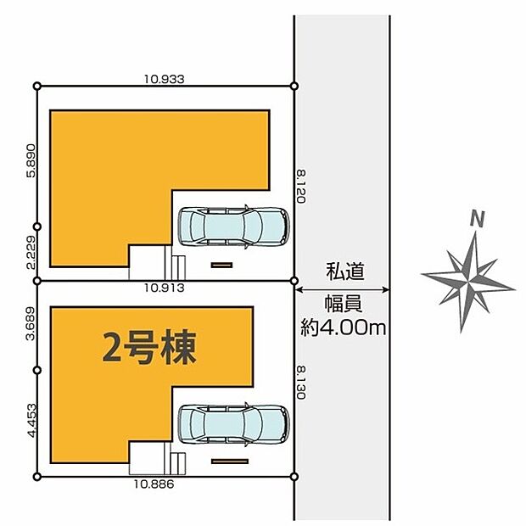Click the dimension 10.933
click(165, 79)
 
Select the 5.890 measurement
click(31, 160)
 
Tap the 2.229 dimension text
click(31, 252)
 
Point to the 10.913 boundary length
click(165, 288)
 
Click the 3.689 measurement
click(31, 323)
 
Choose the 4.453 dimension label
click(31, 421)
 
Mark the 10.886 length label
click(154, 484)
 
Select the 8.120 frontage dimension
click(300, 187)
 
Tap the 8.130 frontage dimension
click(300, 383)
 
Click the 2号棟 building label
click(149, 348)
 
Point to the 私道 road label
click(344, 271)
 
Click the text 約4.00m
click(344, 327)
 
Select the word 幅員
click(344, 305)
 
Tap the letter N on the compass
click(478, 219)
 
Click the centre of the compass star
click(468, 281)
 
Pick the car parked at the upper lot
click(233, 227)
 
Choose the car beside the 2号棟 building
click(233, 424)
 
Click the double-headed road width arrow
click(343, 290)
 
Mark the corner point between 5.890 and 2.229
click(37, 227)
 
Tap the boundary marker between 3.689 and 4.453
click(37, 371)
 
